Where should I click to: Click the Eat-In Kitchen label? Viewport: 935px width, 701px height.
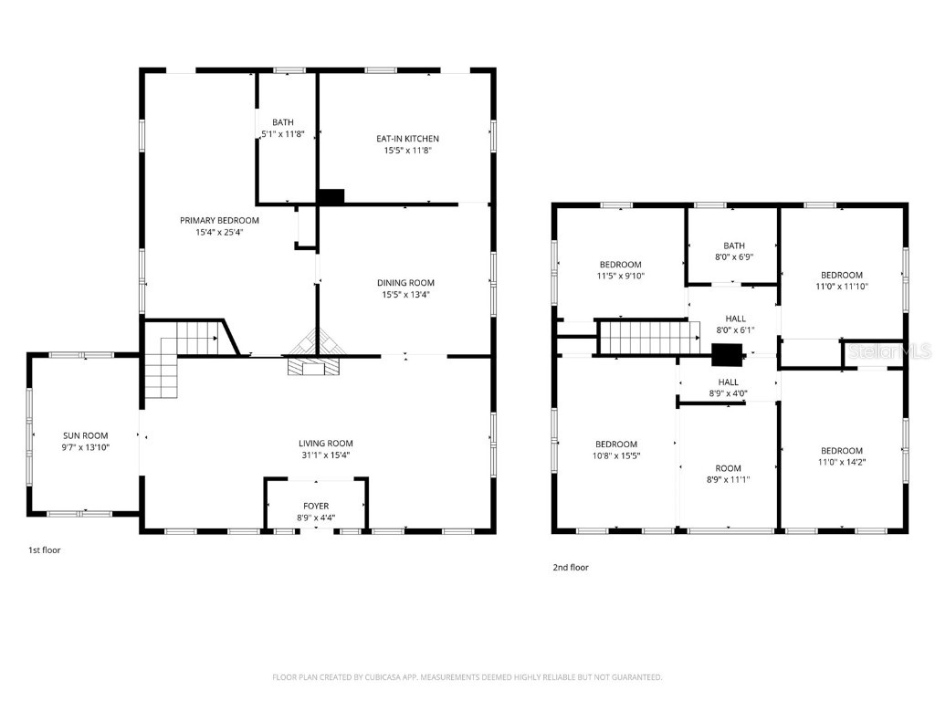407,139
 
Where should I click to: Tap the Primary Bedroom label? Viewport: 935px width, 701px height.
219,220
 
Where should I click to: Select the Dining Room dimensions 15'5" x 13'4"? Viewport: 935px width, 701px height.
407,295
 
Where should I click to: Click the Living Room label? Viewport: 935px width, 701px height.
325,444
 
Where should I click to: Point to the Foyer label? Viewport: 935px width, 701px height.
316,506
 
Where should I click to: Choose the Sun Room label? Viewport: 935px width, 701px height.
86,435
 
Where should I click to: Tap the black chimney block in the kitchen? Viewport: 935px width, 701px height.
331,196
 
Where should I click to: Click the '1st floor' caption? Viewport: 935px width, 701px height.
44,550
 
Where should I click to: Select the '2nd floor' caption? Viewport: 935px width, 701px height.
571,568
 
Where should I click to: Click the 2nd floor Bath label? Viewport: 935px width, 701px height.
734,246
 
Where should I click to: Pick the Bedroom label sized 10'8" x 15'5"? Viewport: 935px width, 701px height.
616,445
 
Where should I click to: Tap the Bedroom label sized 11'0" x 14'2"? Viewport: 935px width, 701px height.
841,451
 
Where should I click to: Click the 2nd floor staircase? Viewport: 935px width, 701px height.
641,337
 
